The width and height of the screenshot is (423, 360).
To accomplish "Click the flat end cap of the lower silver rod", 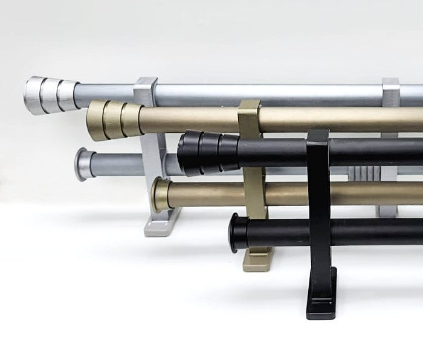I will [x=82, y=164].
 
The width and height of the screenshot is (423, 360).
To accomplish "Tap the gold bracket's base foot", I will [x=256, y=260].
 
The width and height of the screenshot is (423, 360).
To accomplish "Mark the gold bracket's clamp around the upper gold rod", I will [x=250, y=115].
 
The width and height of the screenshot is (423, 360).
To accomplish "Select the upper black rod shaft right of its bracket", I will [x=375, y=151].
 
